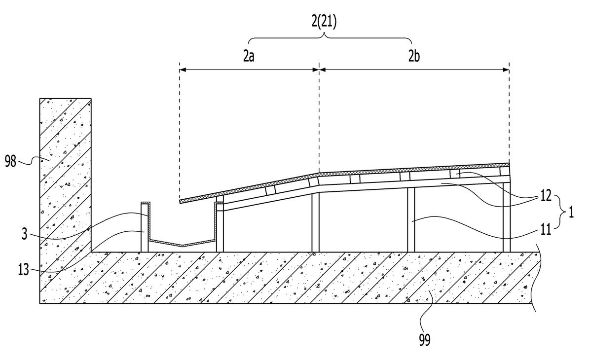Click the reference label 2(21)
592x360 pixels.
click(x=324, y=22)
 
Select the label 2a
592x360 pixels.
click(x=249, y=56)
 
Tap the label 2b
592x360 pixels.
click(x=414, y=56)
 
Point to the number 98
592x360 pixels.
click(x=10, y=161)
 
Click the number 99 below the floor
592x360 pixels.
click(x=425, y=340)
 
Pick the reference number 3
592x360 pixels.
click(x=24, y=234)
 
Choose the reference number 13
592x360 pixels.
click(x=23, y=270)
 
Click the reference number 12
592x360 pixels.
click(x=546, y=196)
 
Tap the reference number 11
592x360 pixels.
click(x=546, y=229)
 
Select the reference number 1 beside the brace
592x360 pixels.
click(x=571, y=212)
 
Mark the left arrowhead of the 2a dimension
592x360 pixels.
click(x=183, y=70)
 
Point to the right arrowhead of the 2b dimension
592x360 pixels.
click(x=506, y=70)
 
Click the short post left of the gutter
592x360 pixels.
click(x=145, y=228)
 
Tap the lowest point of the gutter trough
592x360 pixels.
click(x=183, y=246)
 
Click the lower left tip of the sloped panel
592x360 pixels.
click(x=180, y=202)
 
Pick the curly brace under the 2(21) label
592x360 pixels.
click(x=330, y=38)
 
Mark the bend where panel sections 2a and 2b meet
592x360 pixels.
click(x=319, y=174)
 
